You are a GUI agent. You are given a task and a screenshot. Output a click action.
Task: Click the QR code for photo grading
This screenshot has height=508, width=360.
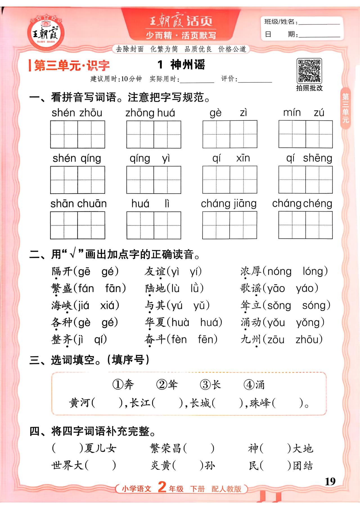point(309,71)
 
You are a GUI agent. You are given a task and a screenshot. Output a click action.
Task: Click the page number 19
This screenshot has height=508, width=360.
point(330,482)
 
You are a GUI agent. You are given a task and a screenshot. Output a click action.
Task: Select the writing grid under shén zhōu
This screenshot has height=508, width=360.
point(78,135)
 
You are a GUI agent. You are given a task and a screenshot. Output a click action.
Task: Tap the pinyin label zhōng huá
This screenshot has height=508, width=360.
point(150,113)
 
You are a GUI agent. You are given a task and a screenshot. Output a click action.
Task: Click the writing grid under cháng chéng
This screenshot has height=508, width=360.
point(305,225)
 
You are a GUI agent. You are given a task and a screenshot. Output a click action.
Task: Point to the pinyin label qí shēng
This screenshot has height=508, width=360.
point(309,158)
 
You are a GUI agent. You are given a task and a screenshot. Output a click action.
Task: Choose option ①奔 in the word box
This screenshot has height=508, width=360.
point(123,384)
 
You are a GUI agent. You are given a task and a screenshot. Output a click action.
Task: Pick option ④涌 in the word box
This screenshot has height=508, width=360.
point(254,384)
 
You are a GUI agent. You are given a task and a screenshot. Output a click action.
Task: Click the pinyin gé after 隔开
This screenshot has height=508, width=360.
point(108,271)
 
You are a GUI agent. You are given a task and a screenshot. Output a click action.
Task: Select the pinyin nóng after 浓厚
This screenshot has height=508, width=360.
point(279,271)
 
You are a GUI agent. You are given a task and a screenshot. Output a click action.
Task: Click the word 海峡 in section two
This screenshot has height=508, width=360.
point(62,305)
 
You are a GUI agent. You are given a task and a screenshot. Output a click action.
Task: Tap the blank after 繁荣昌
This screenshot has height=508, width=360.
point(199,448)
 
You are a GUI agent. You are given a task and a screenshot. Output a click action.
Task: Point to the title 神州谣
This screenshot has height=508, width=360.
point(187,65)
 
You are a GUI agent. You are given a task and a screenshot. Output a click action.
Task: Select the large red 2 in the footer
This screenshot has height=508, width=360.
point(162,487)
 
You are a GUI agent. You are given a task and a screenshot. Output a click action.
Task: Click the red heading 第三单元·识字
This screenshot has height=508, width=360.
point(71,66)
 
